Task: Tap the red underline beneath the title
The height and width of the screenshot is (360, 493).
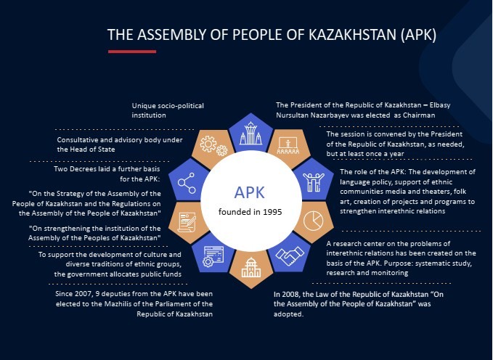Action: [132, 52]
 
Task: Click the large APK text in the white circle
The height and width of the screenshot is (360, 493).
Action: [250, 192]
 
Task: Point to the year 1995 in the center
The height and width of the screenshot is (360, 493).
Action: [272, 212]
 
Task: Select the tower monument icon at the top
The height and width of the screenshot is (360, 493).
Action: [250, 133]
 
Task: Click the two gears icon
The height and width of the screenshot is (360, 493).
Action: [213, 146]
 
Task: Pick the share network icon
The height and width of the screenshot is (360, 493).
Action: [187, 183]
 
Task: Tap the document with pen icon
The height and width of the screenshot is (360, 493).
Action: [187, 222]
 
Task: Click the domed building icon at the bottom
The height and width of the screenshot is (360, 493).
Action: [251, 268]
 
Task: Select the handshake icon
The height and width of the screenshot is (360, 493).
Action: [290, 255]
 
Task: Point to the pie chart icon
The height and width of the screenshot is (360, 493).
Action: [314, 221]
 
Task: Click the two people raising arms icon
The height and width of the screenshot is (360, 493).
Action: [314, 181]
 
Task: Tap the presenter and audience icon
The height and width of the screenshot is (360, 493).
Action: [288, 146]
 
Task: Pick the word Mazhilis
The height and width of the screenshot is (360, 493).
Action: [118, 304]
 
